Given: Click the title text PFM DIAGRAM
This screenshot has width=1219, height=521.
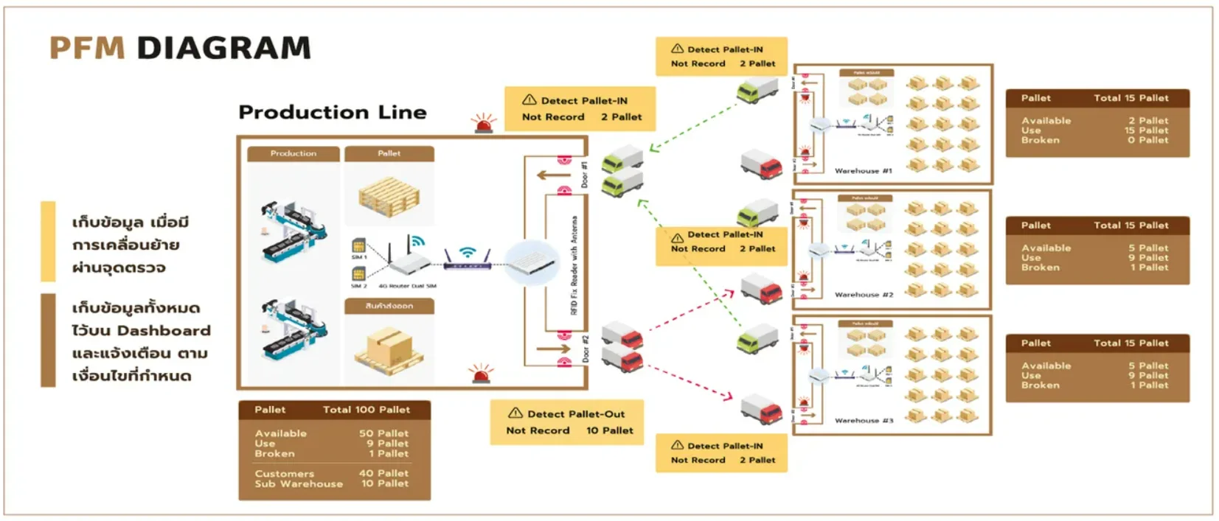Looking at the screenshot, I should (x=180, y=48).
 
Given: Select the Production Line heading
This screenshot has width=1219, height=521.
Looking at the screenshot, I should (x=332, y=112).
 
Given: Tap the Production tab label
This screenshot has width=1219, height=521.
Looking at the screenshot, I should (x=293, y=153).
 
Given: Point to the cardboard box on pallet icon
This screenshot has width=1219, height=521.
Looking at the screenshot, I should (x=389, y=347).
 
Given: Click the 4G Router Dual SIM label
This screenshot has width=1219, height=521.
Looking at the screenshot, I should (x=407, y=286).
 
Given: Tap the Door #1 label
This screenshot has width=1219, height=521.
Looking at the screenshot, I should (x=585, y=175).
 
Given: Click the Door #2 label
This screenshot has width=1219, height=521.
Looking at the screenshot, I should (x=586, y=348).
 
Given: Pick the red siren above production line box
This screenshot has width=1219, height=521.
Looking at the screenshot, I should (x=484, y=123).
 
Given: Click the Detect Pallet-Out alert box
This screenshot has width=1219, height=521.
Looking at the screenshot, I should (x=566, y=422).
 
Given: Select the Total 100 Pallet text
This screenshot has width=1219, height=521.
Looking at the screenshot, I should (x=366, y=410).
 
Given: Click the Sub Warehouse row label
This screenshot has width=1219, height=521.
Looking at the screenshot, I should (x=299, y=484).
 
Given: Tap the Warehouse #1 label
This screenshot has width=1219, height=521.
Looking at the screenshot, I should (x=863, y=171).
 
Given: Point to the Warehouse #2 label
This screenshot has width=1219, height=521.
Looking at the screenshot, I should (x=864, y=295).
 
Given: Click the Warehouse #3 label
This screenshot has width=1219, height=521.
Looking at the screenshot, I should (x=864, y=421).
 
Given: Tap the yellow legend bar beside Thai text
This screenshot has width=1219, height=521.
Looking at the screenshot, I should (x=48, y=241).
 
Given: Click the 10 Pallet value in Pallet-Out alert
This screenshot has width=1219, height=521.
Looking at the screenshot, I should (x=609, y=430).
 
